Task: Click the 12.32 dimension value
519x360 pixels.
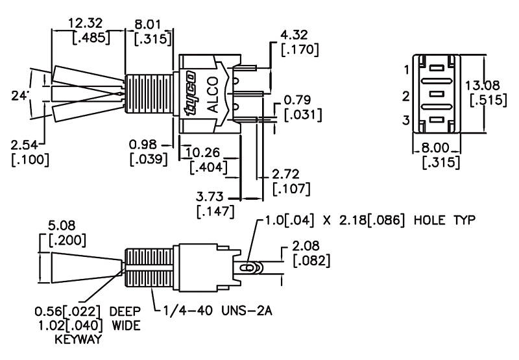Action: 85,23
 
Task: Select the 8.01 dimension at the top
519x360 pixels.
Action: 148,25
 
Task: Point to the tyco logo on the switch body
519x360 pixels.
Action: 190,93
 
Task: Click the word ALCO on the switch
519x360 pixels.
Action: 213,94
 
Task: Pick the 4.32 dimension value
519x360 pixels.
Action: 294,35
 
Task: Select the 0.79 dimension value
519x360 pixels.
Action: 298,101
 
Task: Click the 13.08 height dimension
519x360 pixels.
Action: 482,86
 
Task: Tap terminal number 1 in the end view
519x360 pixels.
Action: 407,70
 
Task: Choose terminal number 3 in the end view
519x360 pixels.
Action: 406,120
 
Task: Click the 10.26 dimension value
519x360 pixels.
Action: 202,152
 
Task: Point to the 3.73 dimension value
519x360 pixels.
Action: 210,197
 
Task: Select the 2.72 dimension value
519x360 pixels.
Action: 285,174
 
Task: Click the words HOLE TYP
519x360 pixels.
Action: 444,220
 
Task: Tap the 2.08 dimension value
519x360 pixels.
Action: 306,246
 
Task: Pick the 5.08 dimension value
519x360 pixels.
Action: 62,226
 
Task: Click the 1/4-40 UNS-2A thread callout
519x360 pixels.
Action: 218,311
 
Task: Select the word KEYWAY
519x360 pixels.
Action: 78,339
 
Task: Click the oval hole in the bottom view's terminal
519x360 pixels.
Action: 247,267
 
